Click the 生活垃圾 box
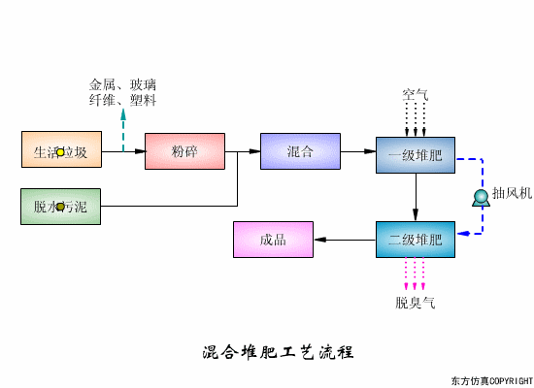(60, 151)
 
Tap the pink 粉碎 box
(184, 151)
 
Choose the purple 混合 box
(300, 151)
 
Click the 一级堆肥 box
(415, 156)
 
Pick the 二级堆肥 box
(415, 239)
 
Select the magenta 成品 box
(273, 240)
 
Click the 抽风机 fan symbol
(480, 198)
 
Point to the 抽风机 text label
(512, 193)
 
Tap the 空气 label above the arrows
(415, 95)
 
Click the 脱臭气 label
(415, 303)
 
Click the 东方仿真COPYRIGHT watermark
(492, 379)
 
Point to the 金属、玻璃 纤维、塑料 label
(123, 92)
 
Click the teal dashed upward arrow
(124, 131)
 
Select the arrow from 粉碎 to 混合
(242, 151)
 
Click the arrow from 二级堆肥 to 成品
(345, 240)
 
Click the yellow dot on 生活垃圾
(60, 152)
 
